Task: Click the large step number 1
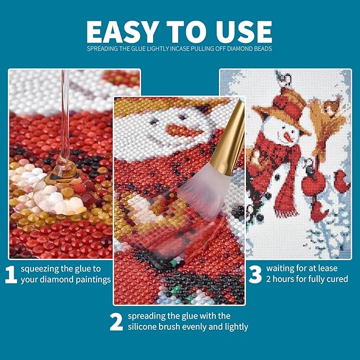11,275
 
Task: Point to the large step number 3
256,274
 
